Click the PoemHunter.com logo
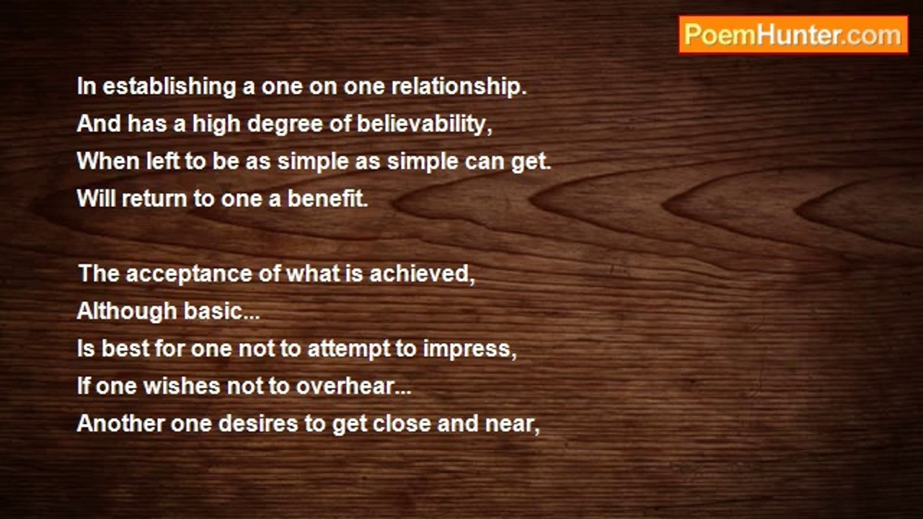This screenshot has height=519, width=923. (793, 35)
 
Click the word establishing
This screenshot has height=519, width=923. (169, 87)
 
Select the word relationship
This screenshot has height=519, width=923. (459, 87)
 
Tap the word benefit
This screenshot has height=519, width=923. (327, 198)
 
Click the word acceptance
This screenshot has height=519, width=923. (189, 275)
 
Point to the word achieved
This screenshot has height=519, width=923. (423, 273)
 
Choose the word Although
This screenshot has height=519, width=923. (127, 311)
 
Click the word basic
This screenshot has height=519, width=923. (222, 311)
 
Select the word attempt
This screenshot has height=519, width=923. (349, 350)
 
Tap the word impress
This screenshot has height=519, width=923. (469, 349)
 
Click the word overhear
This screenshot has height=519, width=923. (353, 386)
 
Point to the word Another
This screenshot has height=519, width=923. (120, 423)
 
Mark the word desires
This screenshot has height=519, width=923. (258, 423)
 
